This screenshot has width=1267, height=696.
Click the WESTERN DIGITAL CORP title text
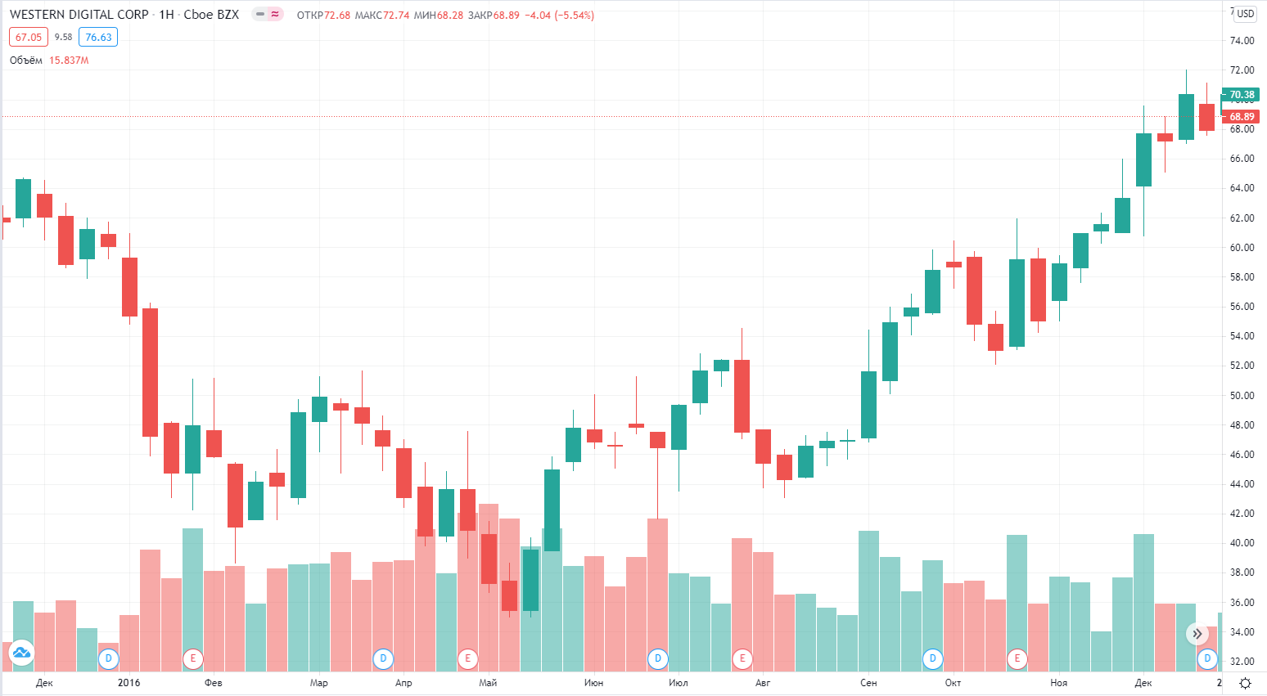(x=79, y=15)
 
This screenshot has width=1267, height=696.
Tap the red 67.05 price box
(x=29, y=37)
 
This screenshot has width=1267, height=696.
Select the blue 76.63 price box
(x=98, y=37)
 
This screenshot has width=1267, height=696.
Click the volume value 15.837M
(x=69, y=61)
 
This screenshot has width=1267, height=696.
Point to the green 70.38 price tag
(x=1241, y=95)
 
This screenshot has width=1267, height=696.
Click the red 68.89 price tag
(x=1241, y=117)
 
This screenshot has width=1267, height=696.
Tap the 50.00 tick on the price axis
(x=1242, y=396)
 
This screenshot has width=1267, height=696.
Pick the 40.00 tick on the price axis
(x=1242, y=543)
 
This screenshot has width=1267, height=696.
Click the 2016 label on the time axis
(x=129, y=683)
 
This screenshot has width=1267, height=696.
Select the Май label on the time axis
(x=488, y=683)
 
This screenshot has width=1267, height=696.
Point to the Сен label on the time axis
(x=868, y=683)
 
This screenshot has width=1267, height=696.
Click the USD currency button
(x=1245, y=14)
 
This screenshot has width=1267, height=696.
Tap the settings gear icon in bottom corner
(x=1245, y=683)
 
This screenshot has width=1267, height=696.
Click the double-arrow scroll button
(x=1197, y=634)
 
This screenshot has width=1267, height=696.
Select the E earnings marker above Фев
(x=193, y=658)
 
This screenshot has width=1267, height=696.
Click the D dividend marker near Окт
(x=932, y=658)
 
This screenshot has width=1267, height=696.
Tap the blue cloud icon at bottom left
(x=21, y=653)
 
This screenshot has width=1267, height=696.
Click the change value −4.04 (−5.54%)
(x=560, y=16)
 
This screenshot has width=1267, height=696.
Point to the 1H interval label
(x=166, y=15)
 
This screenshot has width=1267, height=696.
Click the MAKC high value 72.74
(x=396, y=16)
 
